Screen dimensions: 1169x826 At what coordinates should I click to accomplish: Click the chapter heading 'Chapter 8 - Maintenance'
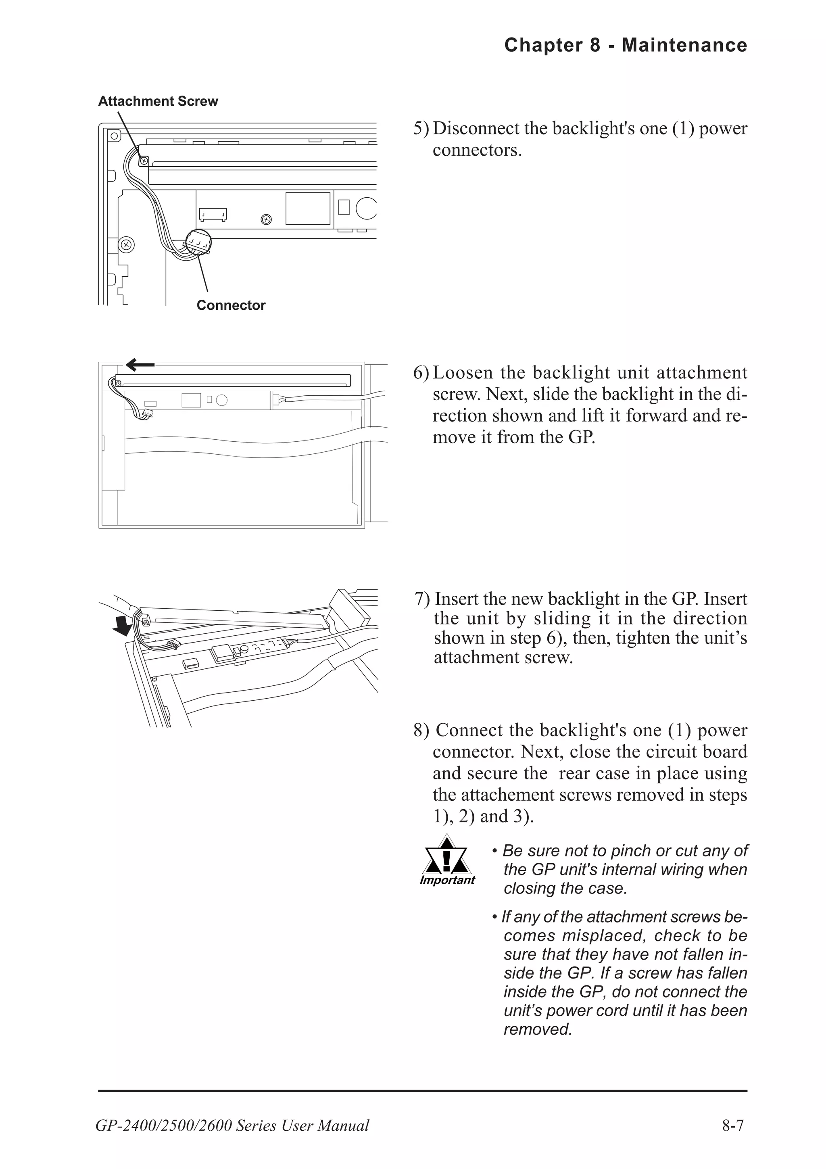[x=626, y=45]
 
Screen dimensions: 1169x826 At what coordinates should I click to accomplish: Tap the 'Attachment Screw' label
[x=158, y=101]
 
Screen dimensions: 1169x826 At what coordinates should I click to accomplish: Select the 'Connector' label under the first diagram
[x=231, y=305]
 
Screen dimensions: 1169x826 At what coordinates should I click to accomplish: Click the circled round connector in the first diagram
[x=198, y=242]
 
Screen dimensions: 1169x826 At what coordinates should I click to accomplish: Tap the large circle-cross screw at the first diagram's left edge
[x=126, y=244]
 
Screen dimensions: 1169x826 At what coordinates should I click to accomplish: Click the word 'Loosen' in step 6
[x=463, y=373]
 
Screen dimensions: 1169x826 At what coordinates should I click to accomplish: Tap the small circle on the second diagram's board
[x=221, y=400]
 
